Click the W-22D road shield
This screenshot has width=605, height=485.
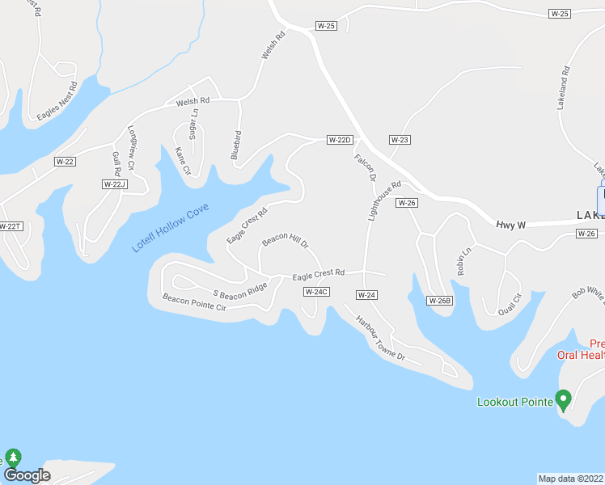point(340,140)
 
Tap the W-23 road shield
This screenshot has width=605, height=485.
point(400,140)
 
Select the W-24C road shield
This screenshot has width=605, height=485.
point(316,291)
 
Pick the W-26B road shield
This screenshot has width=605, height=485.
point(438,301)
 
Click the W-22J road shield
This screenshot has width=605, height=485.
point(115,184)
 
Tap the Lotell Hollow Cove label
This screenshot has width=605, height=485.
point(171,228)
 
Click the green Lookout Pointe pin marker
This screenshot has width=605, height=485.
point(565,399)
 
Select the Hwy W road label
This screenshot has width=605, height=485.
point(510,225)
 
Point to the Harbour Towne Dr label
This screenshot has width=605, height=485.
point(379,338)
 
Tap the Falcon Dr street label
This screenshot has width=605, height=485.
point(366,167)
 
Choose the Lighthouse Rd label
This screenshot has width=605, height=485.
point(384,200)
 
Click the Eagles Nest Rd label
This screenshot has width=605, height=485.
point(57,101)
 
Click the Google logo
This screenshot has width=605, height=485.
point(27,475)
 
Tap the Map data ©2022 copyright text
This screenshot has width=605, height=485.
point(571,479)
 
